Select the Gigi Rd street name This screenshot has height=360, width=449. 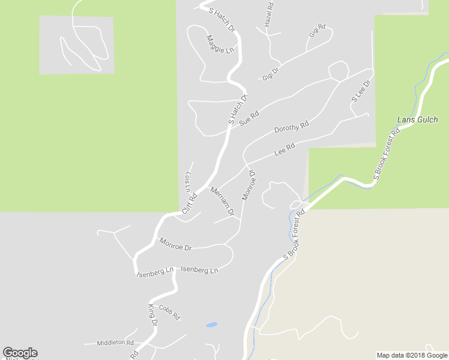(x=317, y=31)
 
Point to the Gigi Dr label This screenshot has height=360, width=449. (x=271, y=74)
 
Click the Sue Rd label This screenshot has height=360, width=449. (x=249, y=118)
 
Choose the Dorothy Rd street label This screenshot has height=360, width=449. (x=291, y=127)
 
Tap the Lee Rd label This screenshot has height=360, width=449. (x=284, y=149)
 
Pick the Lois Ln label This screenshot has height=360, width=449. (x=188, y=182)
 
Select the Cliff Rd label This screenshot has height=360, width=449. (x=189, y=203)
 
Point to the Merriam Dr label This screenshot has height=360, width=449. (x=222, y=200)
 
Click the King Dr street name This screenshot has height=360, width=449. (x=152, y=315)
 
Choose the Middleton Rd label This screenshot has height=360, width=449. (x=115, y=343)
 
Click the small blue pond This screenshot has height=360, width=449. (x=211, y=325)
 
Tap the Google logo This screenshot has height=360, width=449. (x=20, y=353)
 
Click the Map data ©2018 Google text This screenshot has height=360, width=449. (x=412, y=355)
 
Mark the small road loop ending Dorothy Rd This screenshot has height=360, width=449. (x=339, y=71)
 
